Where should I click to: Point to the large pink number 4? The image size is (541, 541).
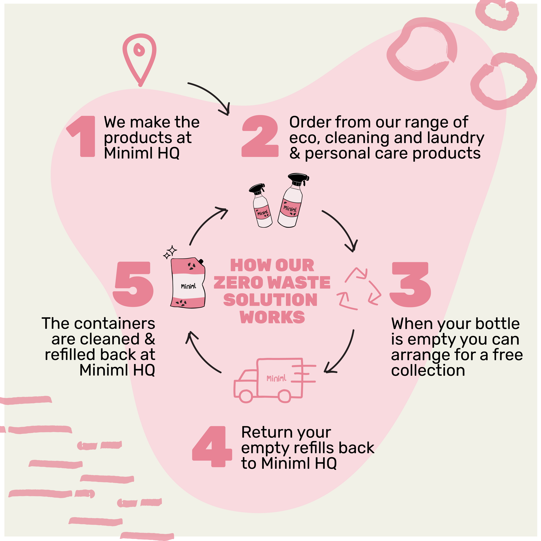(212, 447)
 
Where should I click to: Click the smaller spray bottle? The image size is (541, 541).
(261, 206)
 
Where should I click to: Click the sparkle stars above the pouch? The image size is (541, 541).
(170, 252)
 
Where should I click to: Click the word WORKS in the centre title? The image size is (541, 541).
(272, 317)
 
